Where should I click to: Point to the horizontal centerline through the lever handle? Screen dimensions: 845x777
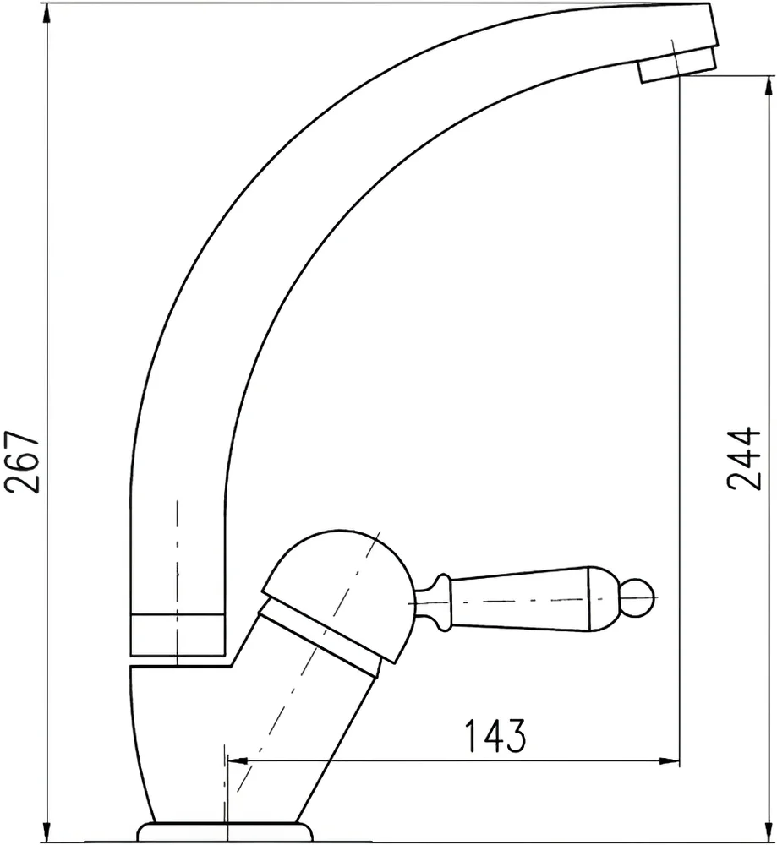coord(541,602)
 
